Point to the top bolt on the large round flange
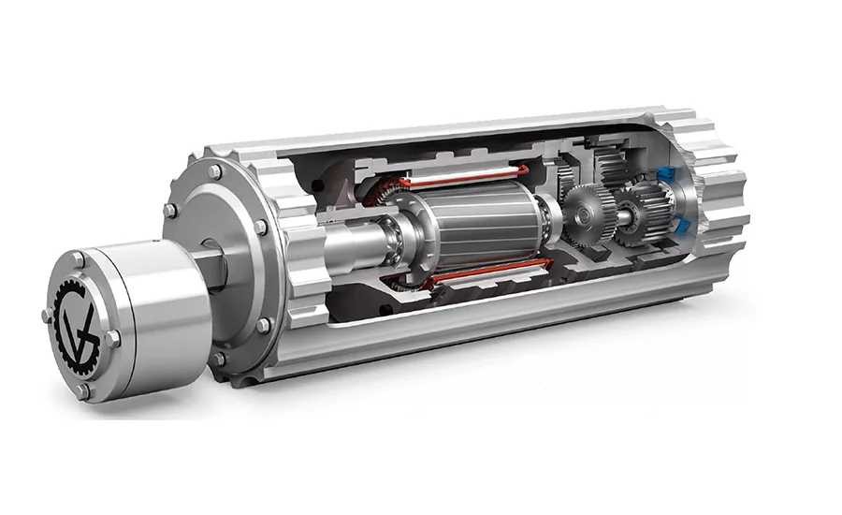[215, 172]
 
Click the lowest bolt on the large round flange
[219, 359]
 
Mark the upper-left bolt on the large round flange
[171, 211]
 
